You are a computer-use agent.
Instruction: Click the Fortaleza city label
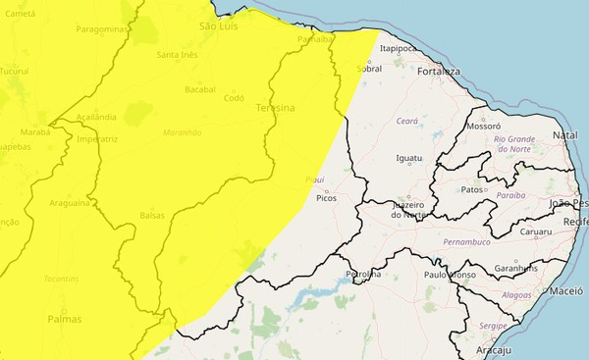pyautogui.click(x=438, y=72)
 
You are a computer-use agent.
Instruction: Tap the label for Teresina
pyautogui.click(x=275, y=108)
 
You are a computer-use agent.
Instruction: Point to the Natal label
pyautogui.click(x=564, y=134)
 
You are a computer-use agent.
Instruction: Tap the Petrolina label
pyautogui.click(x=363, y=274)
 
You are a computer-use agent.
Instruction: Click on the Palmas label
pyautogui.click(x=65, y=319)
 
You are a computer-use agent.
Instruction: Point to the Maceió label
pyautogui.click(x=565, y=291)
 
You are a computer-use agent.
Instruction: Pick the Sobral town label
pyautogui.click(x=369, y=69)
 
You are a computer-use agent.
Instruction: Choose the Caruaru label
pyautogui.click(x=535, y=232)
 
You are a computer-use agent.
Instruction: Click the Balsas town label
pyautogui.click(x=152, y=215)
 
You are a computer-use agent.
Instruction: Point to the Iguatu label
pyautogui.click(x=408, y=158)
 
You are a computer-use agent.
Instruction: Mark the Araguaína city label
pyautogui.click(x=70, y=203)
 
